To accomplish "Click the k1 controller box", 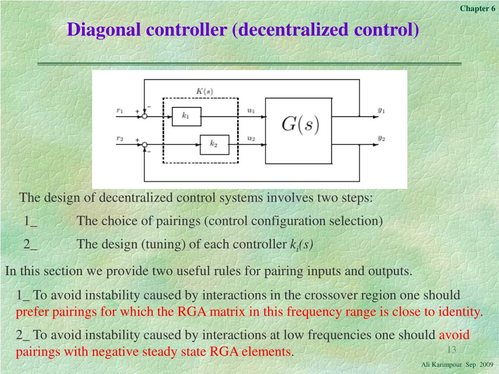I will point(186,116).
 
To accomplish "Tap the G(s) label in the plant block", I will point(300,125).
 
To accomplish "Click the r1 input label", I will point(120,111).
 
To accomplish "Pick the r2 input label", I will point(120,138).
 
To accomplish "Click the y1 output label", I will point(382,110).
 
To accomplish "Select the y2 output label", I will point(382,138).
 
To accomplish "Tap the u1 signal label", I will point(251,111).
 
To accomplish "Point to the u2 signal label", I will point(251,138).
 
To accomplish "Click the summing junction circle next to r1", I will point(145,116).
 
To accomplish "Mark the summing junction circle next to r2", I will point(145,144).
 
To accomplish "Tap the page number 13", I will point(451,350).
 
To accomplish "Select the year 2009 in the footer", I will point(486,365).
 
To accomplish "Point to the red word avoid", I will point(454,335).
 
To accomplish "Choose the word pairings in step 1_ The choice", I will point(178,221).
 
